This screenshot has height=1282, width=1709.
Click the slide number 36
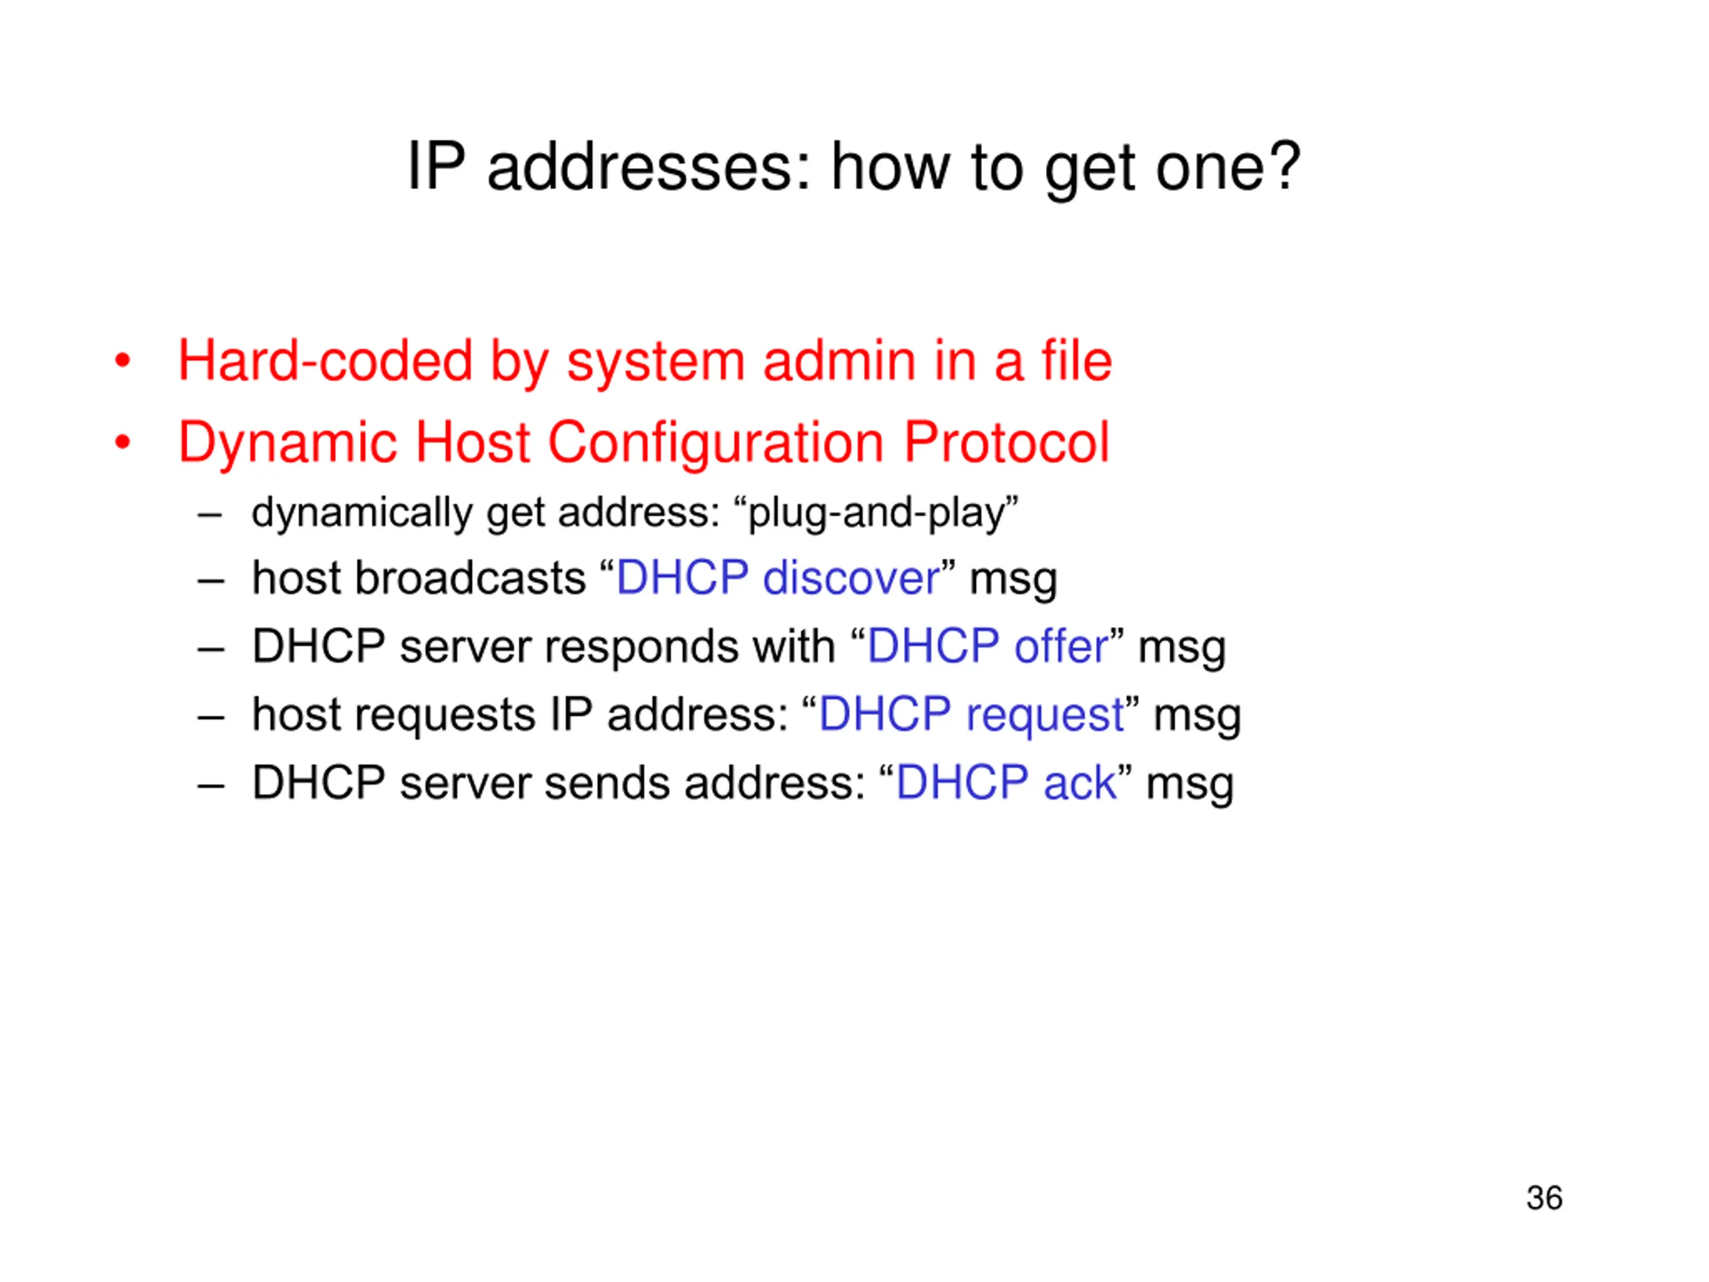pos(1543,1198)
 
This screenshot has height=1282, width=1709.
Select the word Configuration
pos(716,443)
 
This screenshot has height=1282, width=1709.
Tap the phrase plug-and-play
pos(883,513)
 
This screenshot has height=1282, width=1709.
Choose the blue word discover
pos(851,578)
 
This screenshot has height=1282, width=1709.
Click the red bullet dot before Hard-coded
pos(122,361)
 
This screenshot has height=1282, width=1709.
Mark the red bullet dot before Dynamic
pos(122,442)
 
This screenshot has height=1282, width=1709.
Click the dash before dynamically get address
pos(210,513)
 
